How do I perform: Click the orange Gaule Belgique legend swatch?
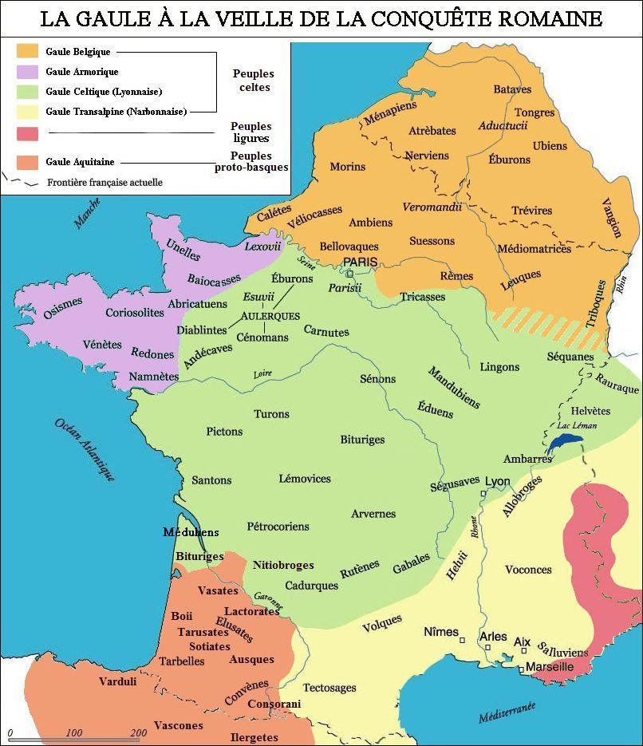pyautogui.click(x=28, y=50)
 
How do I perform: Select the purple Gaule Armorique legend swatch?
pyautogui.click(x=28, y=72)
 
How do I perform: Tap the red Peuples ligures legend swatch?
pyautogui.click(x=28, y=132)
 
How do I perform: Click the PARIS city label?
pyautogui.click(x=360, y=262)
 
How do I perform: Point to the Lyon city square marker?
pyautogui.click(x=483, y=495)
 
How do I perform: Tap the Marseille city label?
pyautogui.click(x=550, y=666)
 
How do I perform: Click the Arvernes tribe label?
pyautogui.click(x=373, y=514)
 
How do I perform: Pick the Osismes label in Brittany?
pyautogui.click(x=63, y=307)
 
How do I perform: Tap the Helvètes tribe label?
pyautogui.click(x=590, y=410)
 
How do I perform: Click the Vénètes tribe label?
pyautogui.click(x=102, y=345)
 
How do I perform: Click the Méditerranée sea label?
pyautogui.click(x=507, y=712)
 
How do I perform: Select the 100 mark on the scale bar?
pyautogui.click(x=74, y=732)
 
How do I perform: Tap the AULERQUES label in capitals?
pyautogui.click(x=270, y=316)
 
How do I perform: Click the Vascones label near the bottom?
pyautogui.click(x=178, y=725)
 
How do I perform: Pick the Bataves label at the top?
pyautogui.click(x=512, y=89)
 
